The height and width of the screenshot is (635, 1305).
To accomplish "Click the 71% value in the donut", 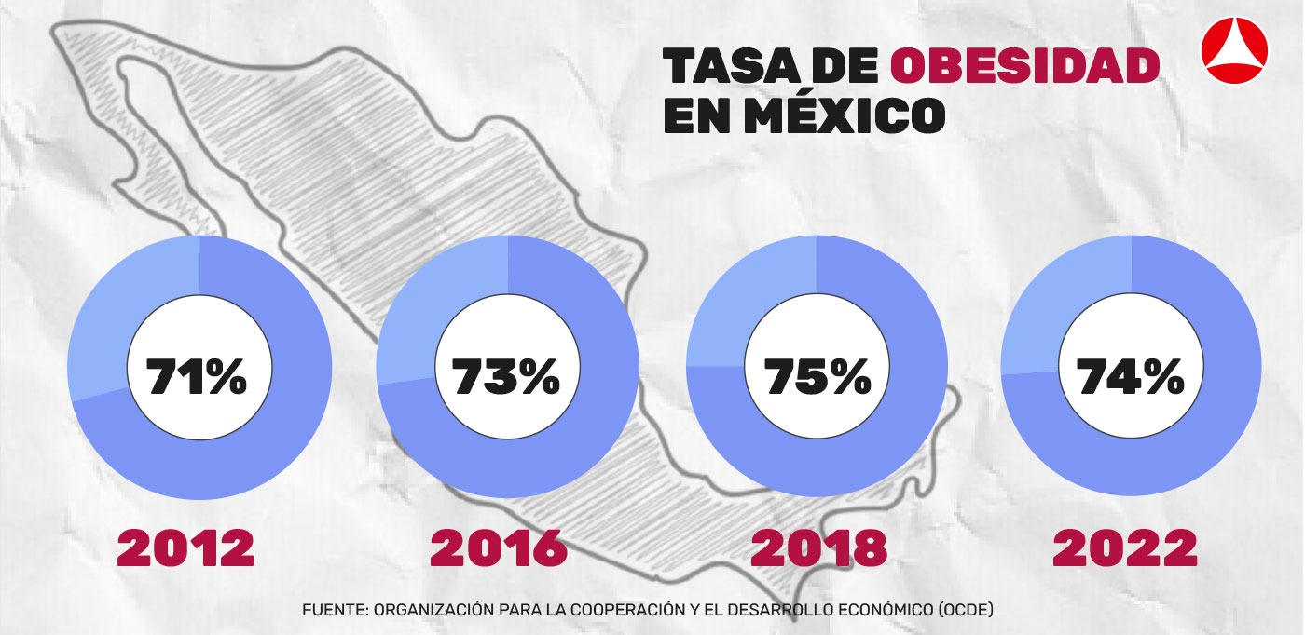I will pyautogui.click(x=198, y=378).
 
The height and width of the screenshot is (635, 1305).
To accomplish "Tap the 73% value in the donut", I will pyautogui.click(x=506, y=378).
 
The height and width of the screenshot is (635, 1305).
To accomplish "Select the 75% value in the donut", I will pyautogui.click(x=817, y=378).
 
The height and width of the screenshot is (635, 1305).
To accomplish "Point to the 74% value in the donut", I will pyautogui.click(x=1130, y=378).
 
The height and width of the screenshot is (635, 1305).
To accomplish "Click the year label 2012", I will pyautogui.click(x=185, y=549).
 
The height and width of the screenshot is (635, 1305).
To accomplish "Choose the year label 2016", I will pyautogui.click(x=499, y=549).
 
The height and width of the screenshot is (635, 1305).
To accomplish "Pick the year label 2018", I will pyautogui.click(x=819, y=549).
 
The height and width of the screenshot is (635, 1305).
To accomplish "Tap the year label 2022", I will pyautogui.click(x=1125, y=549).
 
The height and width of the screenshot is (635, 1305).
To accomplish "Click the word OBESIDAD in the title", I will pyautogui.click(x=1025, y=68).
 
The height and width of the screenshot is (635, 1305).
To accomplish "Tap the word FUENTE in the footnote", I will pyautogui.click(x=334, y=610).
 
